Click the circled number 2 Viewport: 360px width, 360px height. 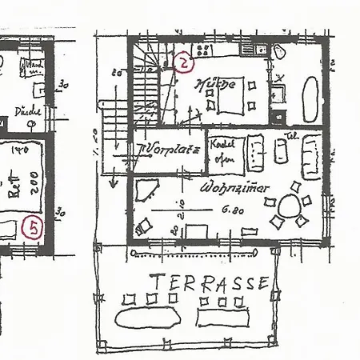pyautogui.click(x=184, y=64)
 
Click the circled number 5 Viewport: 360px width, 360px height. pyautogui.click(x=33, y=228)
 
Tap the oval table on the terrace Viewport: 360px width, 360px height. pyautogui.click(x=147, y=317)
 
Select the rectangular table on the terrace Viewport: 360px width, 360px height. pyautogui.click(x=220, y=318)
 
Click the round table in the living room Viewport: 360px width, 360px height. pyautogui.click(x=293, y=206)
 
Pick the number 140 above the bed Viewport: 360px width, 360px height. pyautogui.click(x=20, y=150)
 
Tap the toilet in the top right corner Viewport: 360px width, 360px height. pyautogui.click(x=279, y=51)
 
